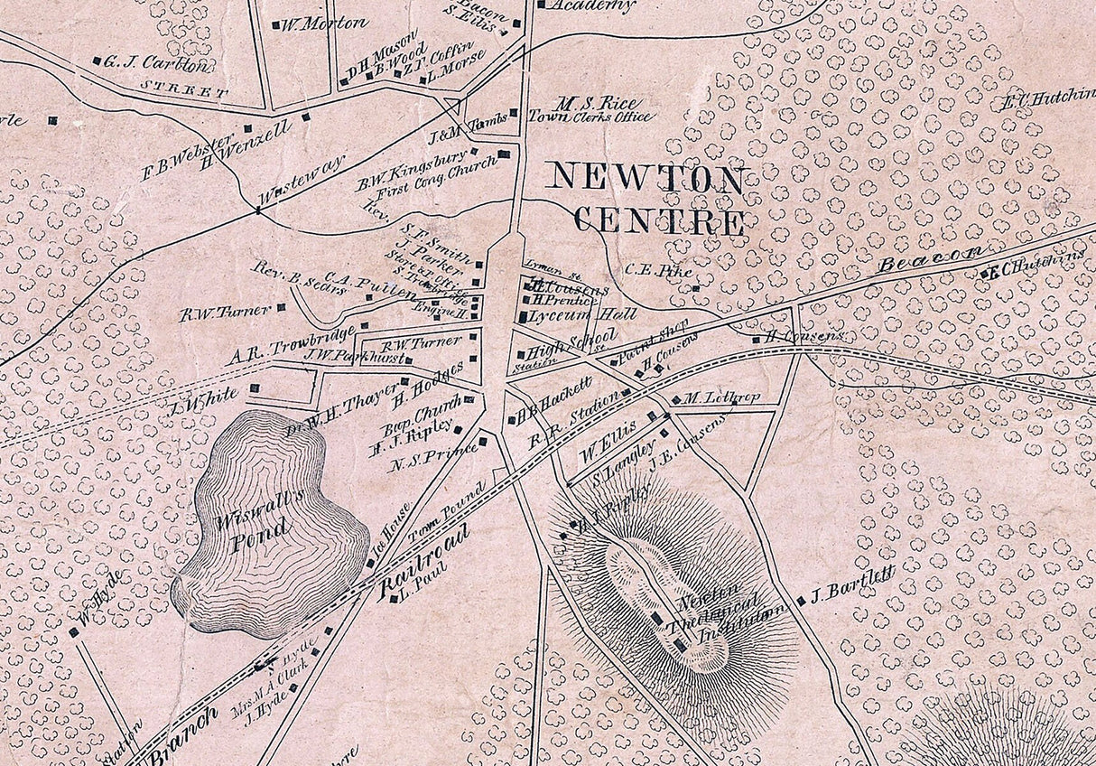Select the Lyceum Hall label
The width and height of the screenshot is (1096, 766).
point(570,314)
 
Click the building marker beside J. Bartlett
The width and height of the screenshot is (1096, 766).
point(801,602)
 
